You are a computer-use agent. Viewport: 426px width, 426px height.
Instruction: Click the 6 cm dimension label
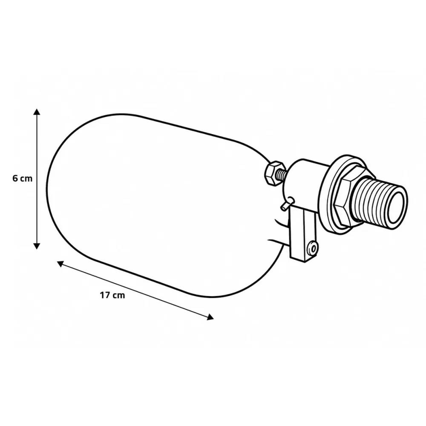[22, 178]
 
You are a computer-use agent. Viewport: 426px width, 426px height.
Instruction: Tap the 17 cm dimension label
[112, 295]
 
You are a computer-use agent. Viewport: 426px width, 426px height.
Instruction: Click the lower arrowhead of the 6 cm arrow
[37, 246]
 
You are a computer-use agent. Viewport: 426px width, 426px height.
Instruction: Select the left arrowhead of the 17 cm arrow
[60, 263]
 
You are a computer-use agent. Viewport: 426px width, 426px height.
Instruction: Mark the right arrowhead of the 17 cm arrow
[210, 317]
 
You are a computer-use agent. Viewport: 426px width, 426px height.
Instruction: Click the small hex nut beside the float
[274, 173]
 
